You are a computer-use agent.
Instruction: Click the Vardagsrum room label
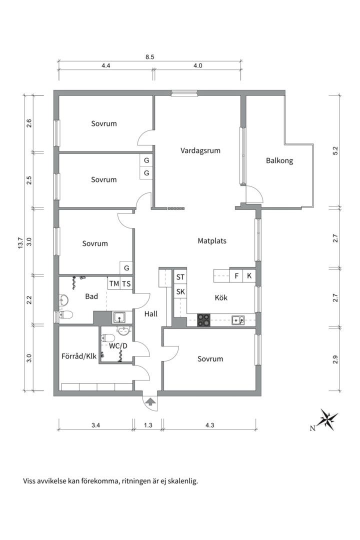200,151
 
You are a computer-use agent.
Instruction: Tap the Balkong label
279,160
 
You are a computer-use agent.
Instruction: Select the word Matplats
212,240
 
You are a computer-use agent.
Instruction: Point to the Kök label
221,297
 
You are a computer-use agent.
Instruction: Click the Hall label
151,313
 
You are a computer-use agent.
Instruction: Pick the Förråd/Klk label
79,356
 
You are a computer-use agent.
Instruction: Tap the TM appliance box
114,284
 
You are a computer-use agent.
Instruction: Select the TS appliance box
126,284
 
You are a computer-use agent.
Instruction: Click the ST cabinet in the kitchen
180,276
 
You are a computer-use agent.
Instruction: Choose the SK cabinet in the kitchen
180,291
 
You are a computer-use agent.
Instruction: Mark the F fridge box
236,276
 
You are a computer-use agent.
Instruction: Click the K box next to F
249,276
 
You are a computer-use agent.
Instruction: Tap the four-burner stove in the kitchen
203,320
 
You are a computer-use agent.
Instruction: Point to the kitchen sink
238,320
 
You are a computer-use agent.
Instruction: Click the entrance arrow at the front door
150,401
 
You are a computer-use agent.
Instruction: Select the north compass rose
327,419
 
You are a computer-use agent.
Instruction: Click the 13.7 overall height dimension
20,243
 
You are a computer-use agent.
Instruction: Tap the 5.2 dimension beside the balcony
336,151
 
